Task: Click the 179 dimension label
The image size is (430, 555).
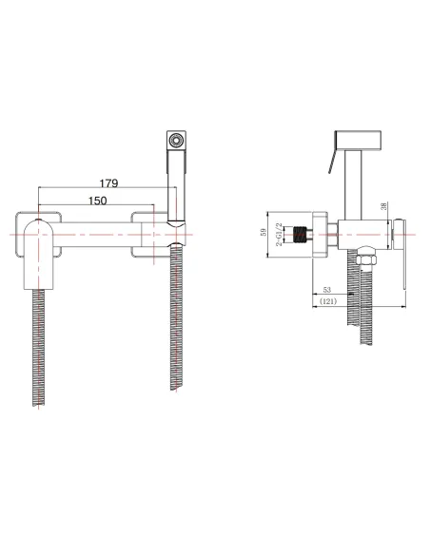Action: coord(108,183)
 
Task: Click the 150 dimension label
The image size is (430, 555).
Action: coord(97,201)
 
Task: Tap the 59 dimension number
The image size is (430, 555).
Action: coord(264,233)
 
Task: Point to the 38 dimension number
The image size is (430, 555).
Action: coord(384,206)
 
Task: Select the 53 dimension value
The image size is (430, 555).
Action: coord(327,290)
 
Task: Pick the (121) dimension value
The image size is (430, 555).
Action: coord(328,301)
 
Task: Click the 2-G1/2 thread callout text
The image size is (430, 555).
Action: coord(279,235)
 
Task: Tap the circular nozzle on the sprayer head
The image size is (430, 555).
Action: coord(176,140)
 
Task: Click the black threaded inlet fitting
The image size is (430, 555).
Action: coord(301,235)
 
